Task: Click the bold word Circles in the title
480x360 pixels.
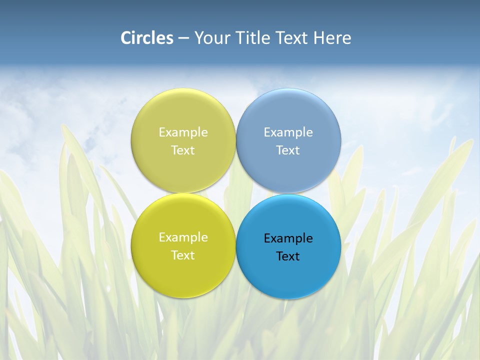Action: click(147, 38)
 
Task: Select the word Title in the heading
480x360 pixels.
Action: click(254, 38)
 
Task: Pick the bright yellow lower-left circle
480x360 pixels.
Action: click(183, 270)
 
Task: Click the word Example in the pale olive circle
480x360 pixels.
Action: click(183, 132)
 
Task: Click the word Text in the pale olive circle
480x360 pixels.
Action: click(183, 150)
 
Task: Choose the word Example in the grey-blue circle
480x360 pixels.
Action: click(288, 132)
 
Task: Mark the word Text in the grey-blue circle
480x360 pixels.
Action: click(288, 150)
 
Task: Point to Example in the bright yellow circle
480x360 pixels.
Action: click(183, 237)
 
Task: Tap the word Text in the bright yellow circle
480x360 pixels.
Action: click(183, 255)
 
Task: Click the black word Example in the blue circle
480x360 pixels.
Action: click(288, 238)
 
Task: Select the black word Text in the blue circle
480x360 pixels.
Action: click(288, 256)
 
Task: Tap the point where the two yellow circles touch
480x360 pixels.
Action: click(183, 193)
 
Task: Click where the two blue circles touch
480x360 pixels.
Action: click(288, 193)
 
